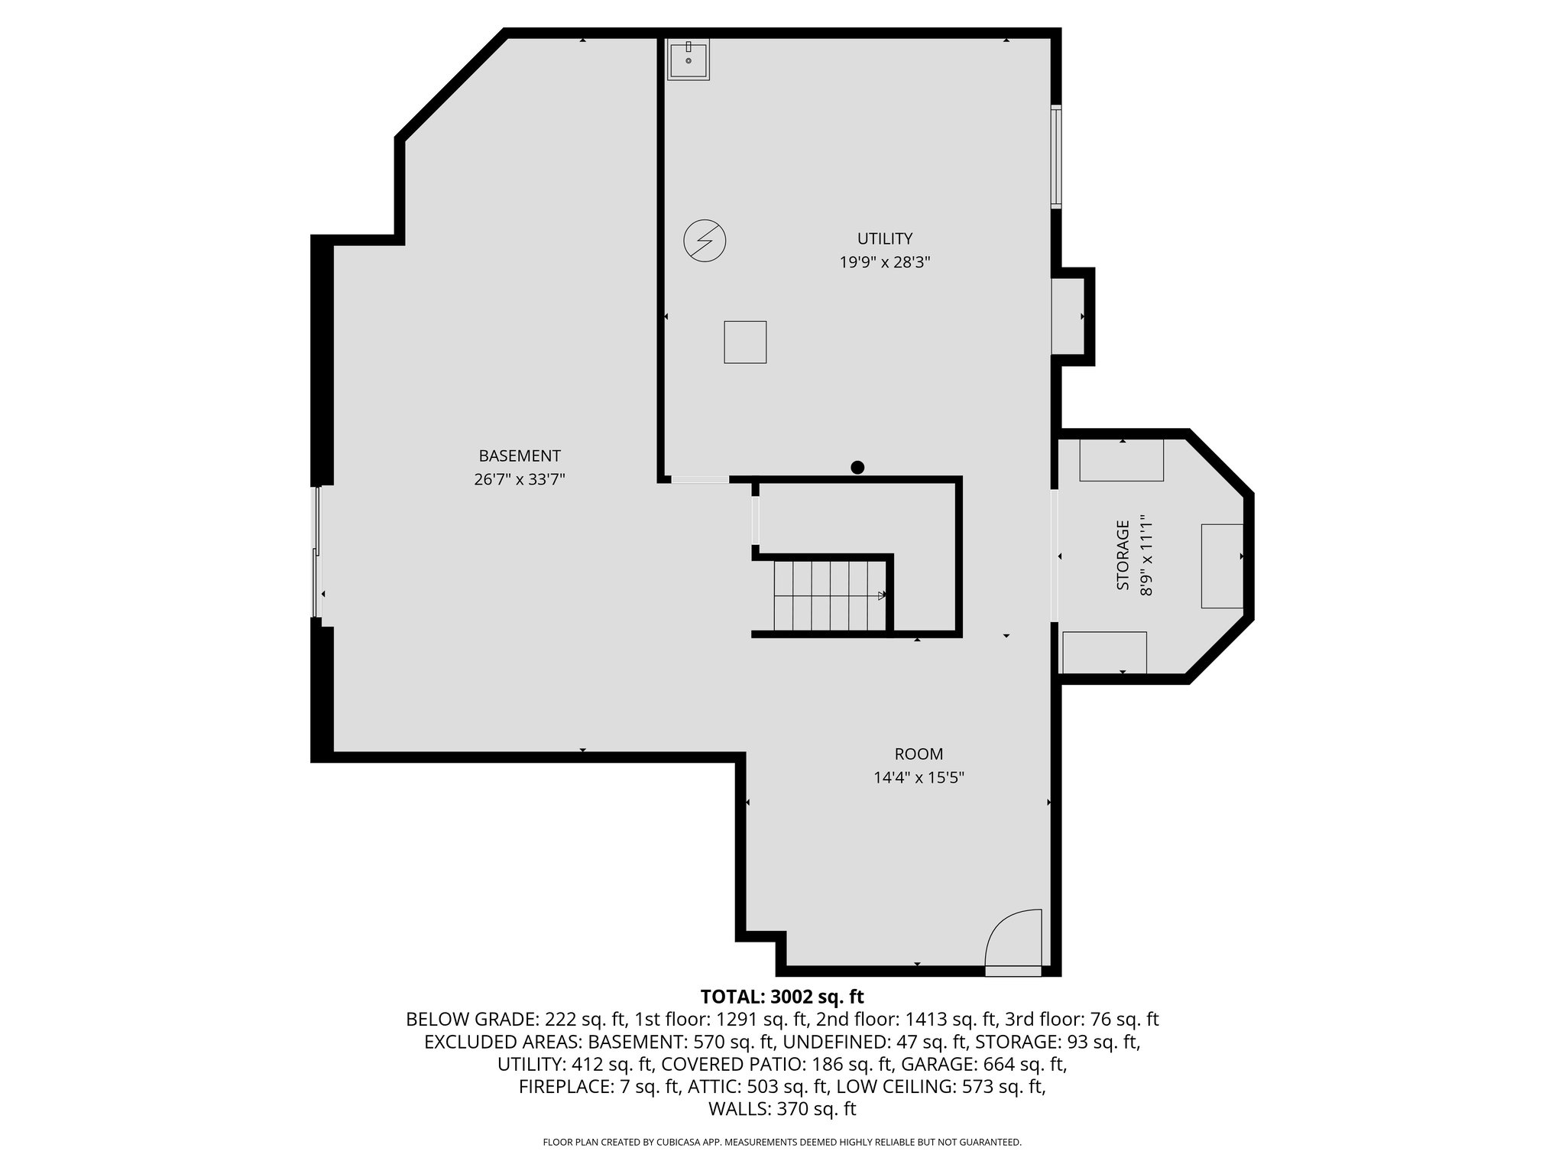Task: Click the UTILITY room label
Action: pyautogui.click(x=884, y=238)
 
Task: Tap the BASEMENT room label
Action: pyautogui.click(x=520, y=456)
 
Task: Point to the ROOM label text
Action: pyautogui.click(x=919, y=754)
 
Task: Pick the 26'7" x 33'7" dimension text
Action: pyautogui.click(x=520, y=480)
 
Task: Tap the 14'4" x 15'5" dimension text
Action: pyautogui.click(x=919, y=778)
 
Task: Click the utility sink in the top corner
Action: pyautogui.click(x=689, y=59)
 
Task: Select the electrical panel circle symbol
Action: pyautogui.click(x=705, y=242)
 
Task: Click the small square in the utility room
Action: pyautogui.click(x=745, y=342)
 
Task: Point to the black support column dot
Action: pyautogui.click(x=857, y=467)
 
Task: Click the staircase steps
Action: pyautogui.click(x=830, y=595)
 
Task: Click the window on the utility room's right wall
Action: pyautogui.click(x=1055, y=157)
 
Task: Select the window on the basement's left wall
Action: pyautogui.click(x=317, y=550)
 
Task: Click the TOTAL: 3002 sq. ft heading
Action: pyautogui.click(x=782, y=997)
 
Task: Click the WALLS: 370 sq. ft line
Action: pyautogui.click(x=782, y=1109)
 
